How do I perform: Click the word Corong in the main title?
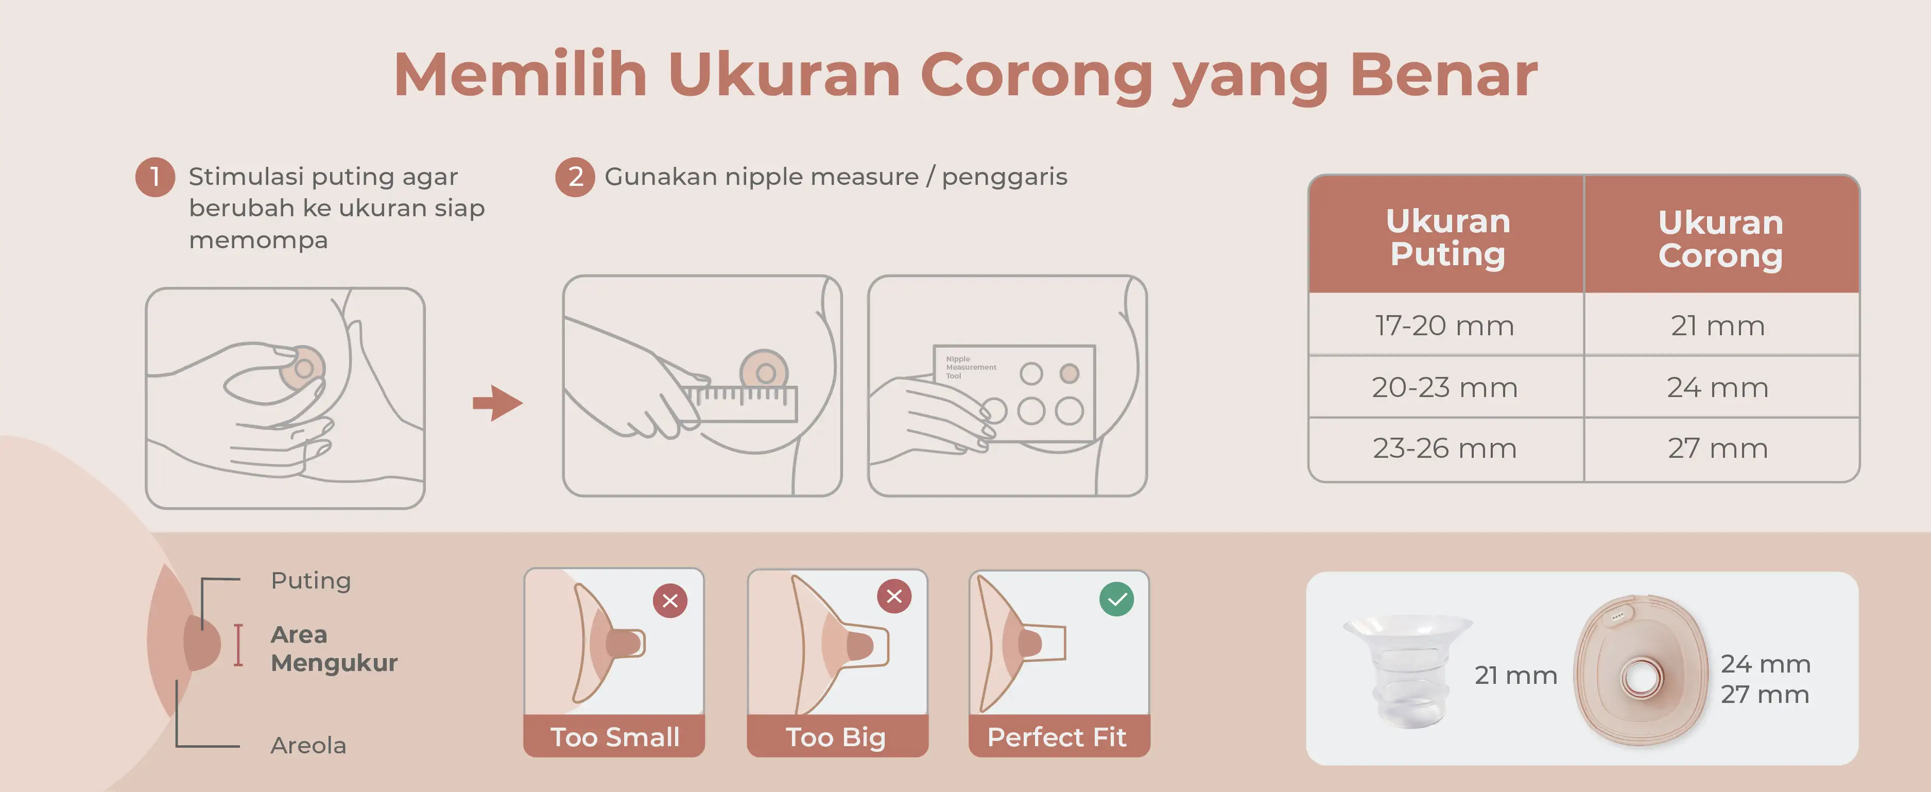[1036, 76]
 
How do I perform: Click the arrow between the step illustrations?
[497, 403]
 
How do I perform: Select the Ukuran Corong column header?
[1721, 238]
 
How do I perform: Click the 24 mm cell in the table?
[1717, 387]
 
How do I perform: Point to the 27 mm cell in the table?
[1717, 448]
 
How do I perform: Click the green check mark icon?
[1116, 599]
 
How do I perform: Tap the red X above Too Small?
[670, 600]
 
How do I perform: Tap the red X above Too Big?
[894, 596]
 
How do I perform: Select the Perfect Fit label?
[1057, 737]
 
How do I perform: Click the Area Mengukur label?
[334, 649]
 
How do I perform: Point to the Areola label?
[308, 746]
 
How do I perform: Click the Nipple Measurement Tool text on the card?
[971, 367]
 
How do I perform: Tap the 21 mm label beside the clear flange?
[1516, 675]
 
